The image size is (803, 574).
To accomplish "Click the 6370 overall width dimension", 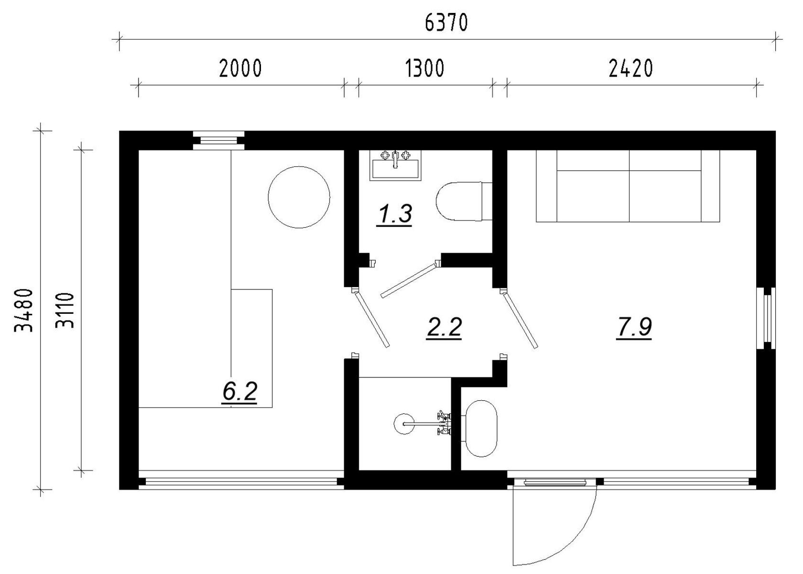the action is (446, 23).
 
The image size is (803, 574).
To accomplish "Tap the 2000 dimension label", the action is (240, 68).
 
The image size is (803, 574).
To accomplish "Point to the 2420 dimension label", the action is (631, 68).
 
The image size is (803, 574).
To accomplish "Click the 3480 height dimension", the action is (24, 310).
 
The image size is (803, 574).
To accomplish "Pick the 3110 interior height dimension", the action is (65, 310).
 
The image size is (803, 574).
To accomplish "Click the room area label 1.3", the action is (394, 214).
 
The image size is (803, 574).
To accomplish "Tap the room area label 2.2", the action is (444, 327).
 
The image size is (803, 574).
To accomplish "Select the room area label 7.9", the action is (634, 327).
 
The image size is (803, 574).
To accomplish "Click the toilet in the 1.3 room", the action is (464, 201).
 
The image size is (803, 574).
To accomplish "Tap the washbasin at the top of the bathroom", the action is (395, 166).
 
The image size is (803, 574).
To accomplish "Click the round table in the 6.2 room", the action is (299, 197).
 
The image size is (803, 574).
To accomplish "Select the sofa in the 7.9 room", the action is (628, 186).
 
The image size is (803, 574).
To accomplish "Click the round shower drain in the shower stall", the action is (404, 424).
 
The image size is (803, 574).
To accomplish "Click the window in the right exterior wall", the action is (766, 318).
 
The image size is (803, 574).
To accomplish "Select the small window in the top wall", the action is (219, 140).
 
